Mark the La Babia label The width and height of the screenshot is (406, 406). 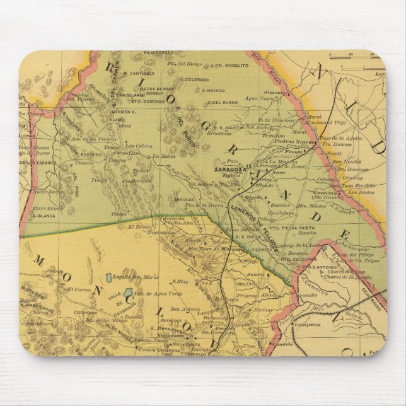click(x=163, y=156)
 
